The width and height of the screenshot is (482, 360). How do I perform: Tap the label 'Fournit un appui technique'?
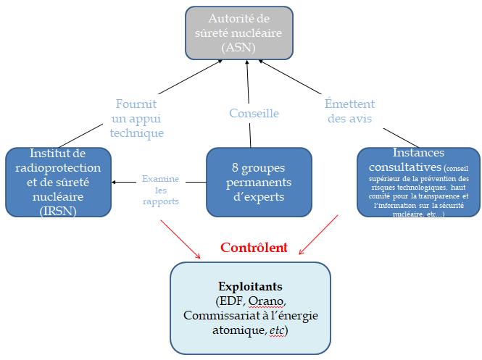[138, 118]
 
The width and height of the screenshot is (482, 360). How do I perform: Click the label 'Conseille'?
[254, 113]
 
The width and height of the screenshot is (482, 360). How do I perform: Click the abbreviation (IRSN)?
[58, 210]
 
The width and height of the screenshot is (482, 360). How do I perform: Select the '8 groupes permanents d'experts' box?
[259, 182]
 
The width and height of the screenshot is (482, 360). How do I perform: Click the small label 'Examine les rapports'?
[160, 190]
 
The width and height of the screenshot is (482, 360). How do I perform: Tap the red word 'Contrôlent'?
[254, 248]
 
